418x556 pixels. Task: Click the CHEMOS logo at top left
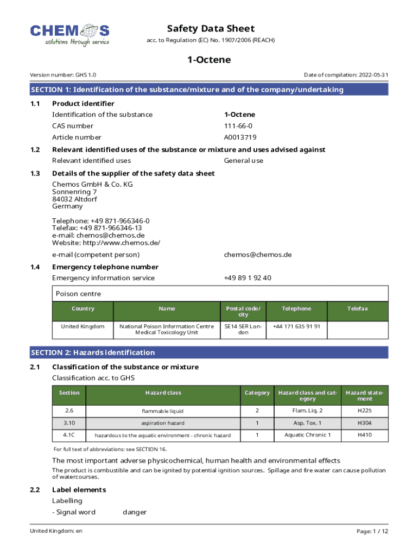pos(69,35)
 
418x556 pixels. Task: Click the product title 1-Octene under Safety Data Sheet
pos(209,60)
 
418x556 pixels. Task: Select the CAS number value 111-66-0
pos(238,126)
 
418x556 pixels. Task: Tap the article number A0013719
pos(240,137)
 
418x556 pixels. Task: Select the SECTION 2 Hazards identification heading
pos(93,352)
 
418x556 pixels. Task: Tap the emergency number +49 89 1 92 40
pos(248,278)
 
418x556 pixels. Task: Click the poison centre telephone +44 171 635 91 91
pos(296,326)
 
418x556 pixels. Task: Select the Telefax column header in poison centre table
pos(358,308)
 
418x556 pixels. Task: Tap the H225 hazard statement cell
pos(365,410)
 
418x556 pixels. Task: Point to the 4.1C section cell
pos(69,435)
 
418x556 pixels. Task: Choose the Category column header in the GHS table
pos(257,393)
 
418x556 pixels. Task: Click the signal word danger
pos(134,512)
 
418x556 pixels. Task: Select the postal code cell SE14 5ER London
pos(243,329)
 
